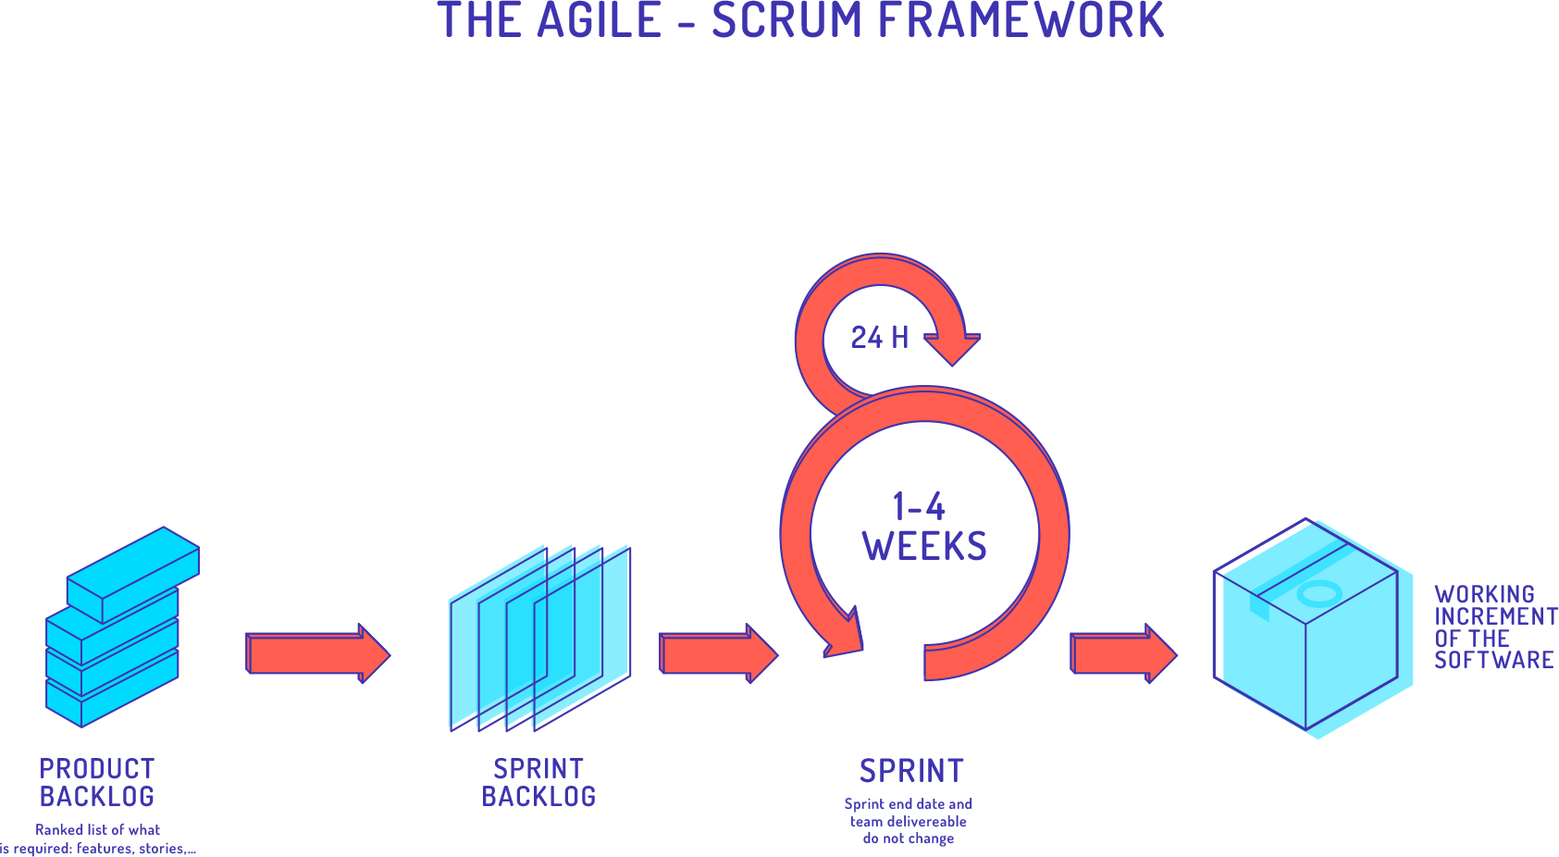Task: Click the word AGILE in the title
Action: click(x=600, y=20)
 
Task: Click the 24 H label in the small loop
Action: click(x=880, y=337)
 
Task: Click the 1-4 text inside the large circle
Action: click(x=918, y=507)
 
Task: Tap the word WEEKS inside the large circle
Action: click(x=924, y=546)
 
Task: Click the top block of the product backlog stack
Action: click(x=133, y=574)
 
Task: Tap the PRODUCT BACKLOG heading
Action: click(x=97, y=782)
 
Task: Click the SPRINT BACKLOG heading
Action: click(x=538, y=782)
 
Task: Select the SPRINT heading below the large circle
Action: click(x=911, y=771)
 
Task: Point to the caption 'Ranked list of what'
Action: click(x=97, y=830)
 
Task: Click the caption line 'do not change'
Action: click(x=909, y=838)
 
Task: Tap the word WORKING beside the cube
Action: click(x=1484, y=594)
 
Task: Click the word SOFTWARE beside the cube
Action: click(x=1493, y=660)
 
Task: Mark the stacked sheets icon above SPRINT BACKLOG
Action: click(x=540, y=639)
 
